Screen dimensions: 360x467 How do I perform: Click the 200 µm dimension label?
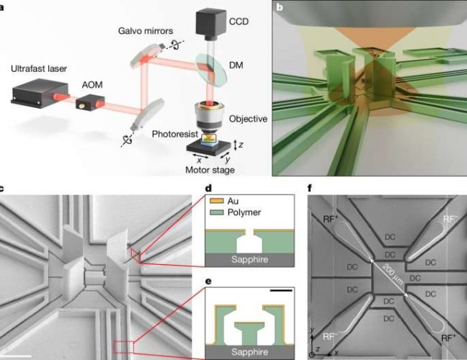click(x=389, y=276)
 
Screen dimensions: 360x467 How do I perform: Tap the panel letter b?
click(x=278, y=5)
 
